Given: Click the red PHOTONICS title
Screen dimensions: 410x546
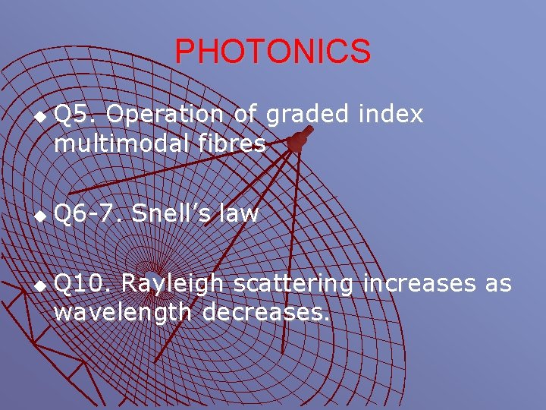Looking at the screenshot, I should coord(273,52).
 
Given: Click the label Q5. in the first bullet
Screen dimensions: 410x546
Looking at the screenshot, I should coord(75,115).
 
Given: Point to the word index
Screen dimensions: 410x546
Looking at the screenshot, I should coord(391,114).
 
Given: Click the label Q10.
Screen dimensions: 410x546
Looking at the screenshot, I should coord(84,285).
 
